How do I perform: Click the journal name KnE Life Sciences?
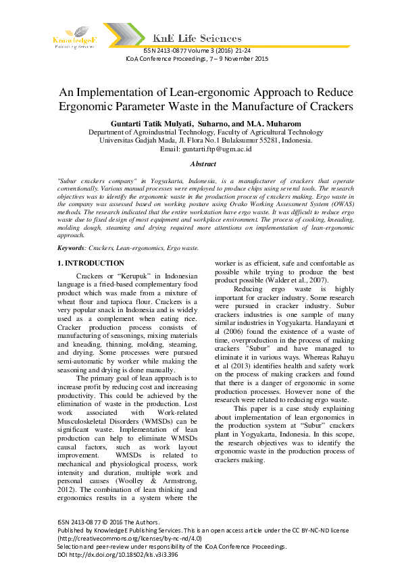click(x=197, y=39)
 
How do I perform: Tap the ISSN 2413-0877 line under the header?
click(x=197, y=51)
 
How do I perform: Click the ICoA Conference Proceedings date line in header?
click(x=197, y=59)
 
